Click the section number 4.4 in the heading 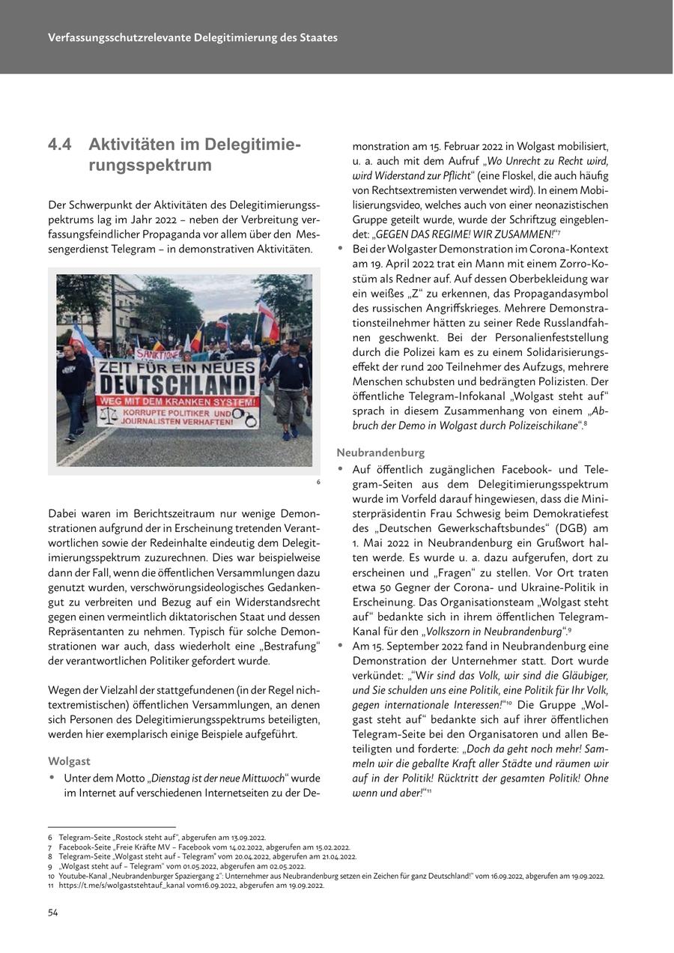[x=61, y=144]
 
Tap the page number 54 [x=53, y=912]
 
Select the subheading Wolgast [x=69, y=761]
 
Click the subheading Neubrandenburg [x=380, y=453]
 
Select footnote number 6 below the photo [x=318, y=482]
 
